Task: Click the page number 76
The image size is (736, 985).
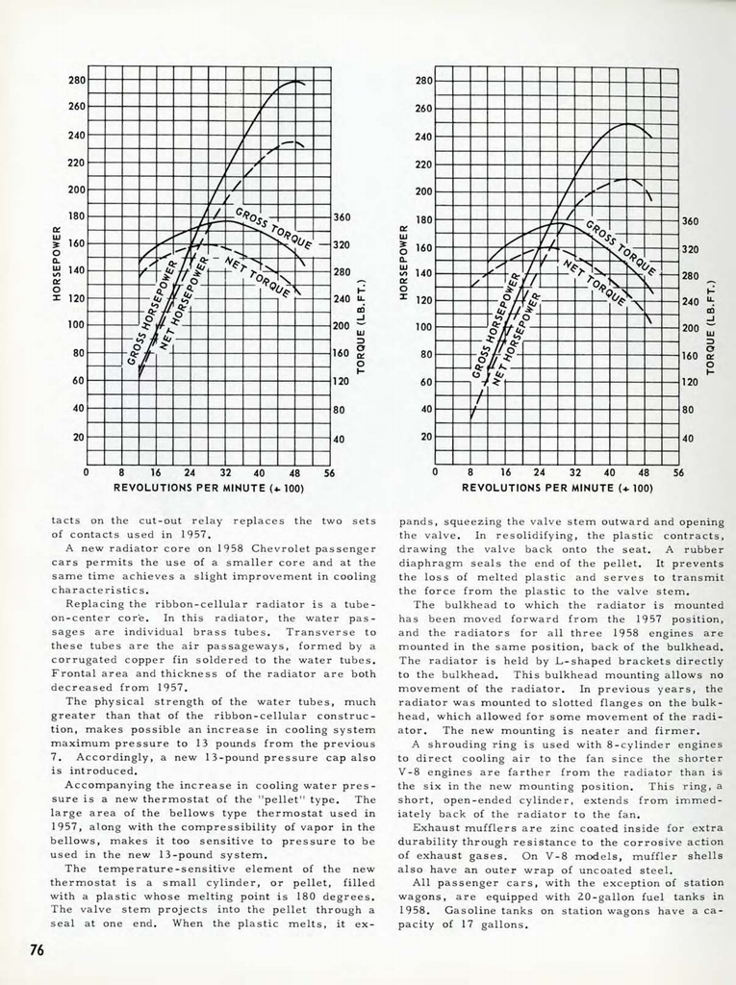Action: [x=37, y=949]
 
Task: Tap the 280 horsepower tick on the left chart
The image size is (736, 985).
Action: [x=76, y=82]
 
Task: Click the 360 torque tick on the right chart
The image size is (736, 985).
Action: [x=689, y=221]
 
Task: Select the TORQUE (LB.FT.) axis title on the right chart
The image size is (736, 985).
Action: [x=712, y=328]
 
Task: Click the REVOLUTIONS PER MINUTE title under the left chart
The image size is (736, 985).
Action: [x=209, y=488]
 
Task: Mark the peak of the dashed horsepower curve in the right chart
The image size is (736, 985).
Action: [x=627, y=179]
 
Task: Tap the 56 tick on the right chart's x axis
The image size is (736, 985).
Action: [x=679, y=473]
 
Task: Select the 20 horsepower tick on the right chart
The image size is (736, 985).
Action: [x=424, y=436]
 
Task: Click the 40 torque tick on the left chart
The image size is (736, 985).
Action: [x=340, y=440]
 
